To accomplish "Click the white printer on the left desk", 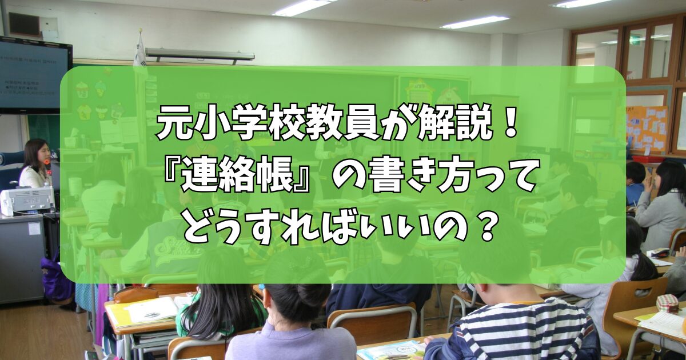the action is click(27, 201).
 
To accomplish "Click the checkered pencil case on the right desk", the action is click(668, 303).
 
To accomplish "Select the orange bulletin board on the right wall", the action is click(647, 129).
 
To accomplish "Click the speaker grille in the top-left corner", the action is click(24, 25).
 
